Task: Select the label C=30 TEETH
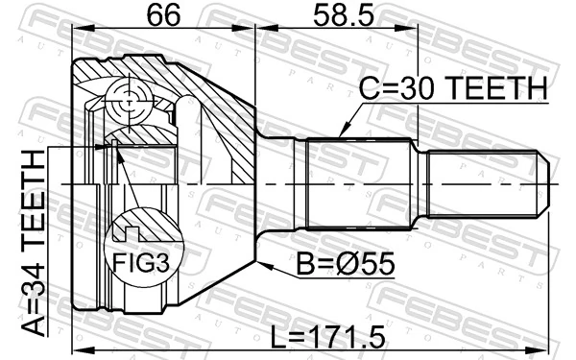(x=452, y=89)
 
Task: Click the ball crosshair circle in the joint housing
(x=129, y=97)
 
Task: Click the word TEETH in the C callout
(x=494, y=89)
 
